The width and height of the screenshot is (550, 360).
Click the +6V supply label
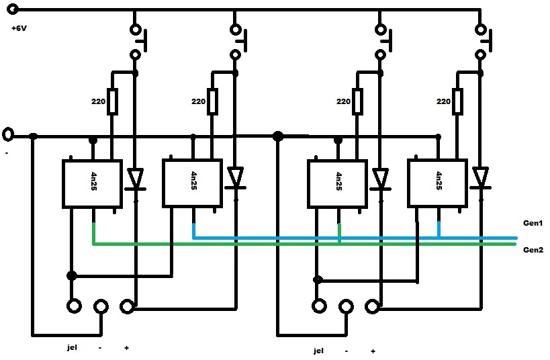(19, 29)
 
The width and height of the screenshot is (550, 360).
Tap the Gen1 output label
(532, 222)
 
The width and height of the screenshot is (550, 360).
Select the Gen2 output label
(532, 249)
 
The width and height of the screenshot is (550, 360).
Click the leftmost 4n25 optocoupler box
(92, 183)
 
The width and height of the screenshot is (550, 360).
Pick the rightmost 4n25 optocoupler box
(437, 183)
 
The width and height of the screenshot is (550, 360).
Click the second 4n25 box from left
(192, 183)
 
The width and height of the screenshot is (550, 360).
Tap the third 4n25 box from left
(337, 183)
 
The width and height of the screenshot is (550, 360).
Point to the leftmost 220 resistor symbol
(112, 101)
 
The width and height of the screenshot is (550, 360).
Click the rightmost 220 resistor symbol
(458, 101)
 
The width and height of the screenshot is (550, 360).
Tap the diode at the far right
(480, 179)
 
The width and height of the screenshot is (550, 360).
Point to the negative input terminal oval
(8, 134)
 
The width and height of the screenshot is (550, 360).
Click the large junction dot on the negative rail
(277, 136)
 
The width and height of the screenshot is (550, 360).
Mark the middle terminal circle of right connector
(345, 307)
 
